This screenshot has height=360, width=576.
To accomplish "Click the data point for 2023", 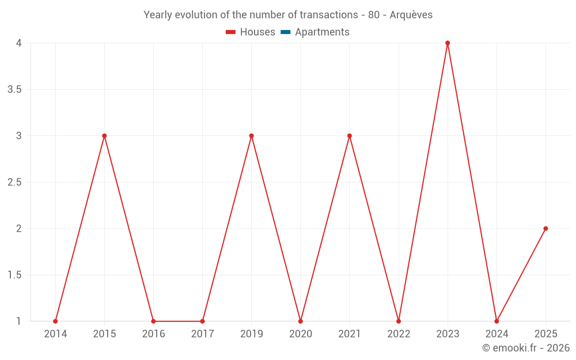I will click(448, 43).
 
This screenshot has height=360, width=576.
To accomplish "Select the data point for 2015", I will click(104, 136).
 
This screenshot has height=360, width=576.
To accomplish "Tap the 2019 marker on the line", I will click(252, 136).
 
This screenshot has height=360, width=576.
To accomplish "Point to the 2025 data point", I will click(545, 229).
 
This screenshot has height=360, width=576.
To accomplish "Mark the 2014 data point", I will click(55, 321).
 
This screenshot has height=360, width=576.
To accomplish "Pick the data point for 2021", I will click(350, 136).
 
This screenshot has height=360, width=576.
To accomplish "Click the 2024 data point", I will click(497, 321).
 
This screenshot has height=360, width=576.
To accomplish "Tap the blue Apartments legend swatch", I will click(285, 32).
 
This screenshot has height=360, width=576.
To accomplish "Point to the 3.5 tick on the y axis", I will click(14, 89).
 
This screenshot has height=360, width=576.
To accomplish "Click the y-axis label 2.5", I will click(14, 182).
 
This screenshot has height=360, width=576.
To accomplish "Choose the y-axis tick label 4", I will click(18, 43).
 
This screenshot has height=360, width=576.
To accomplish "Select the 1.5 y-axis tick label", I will click(14, 275).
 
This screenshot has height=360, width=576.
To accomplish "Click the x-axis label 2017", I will click(202, 334).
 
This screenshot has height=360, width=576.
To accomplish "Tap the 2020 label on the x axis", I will click(301, 334).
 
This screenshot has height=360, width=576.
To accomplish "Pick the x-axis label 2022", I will click(399, 334).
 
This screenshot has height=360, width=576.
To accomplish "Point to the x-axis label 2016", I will click(153, 334).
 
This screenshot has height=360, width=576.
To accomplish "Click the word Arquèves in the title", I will click(411, 15).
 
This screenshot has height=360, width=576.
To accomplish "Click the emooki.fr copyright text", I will click(526, 348).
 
